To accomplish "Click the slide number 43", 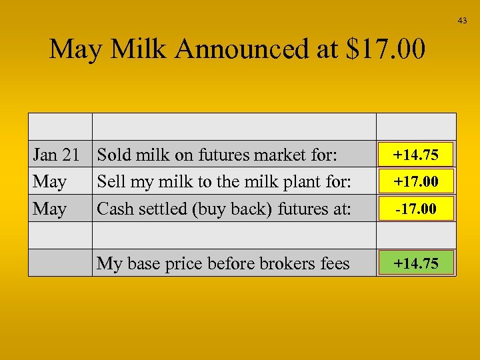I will [463, 21].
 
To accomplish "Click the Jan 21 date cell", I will [57, 155].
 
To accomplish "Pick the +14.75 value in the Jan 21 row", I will [416, 155].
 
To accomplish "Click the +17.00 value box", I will [416, 181].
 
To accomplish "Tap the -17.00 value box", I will [416, 209].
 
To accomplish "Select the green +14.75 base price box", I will [416, 263].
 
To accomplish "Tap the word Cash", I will [114, 209].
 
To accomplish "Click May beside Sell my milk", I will [50, 181].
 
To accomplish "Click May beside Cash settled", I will [50, 209].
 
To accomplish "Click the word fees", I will [334, 263].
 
